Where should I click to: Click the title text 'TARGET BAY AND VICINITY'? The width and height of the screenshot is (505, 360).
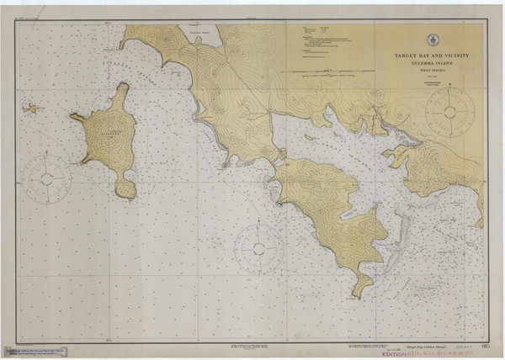tap(432, 55)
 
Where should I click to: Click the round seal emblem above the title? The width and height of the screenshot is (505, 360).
tap(432, 40)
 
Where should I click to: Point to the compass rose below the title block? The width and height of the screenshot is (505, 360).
tap(449, 111)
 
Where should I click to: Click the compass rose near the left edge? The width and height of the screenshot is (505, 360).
tap(46, 177)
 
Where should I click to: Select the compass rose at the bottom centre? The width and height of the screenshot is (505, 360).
tap(258, 248)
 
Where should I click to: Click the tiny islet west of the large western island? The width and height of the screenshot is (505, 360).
tap(30, 108)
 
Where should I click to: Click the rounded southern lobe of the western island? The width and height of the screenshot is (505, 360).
tap(125, 187)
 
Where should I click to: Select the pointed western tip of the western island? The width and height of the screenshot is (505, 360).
tap(72, 117)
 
